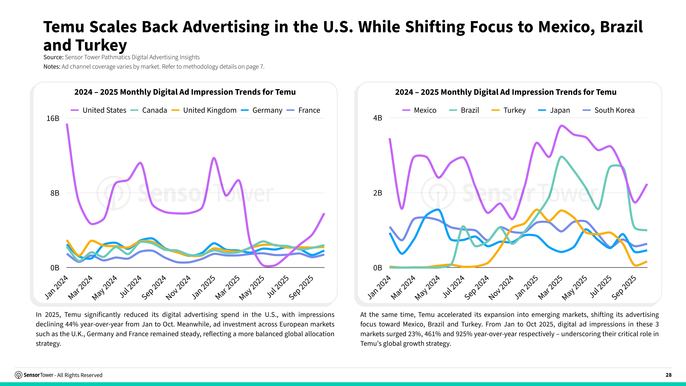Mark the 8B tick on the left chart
click(55, 193)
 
